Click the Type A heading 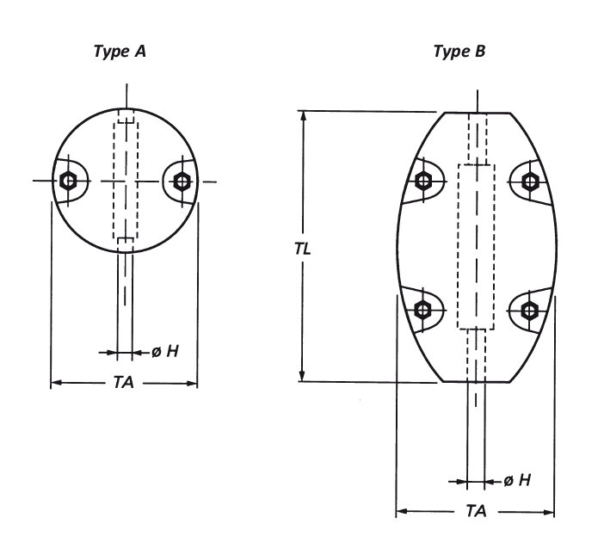120,52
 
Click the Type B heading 459,52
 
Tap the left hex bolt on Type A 68,181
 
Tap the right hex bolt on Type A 181,181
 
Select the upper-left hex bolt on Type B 422,181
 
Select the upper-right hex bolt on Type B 530,181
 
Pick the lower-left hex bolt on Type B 422,310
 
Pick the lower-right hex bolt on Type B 530,310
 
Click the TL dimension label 302,249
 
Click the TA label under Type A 123,383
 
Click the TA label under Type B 475,511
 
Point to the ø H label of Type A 165,351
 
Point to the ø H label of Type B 516,480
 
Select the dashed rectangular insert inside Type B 477,245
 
